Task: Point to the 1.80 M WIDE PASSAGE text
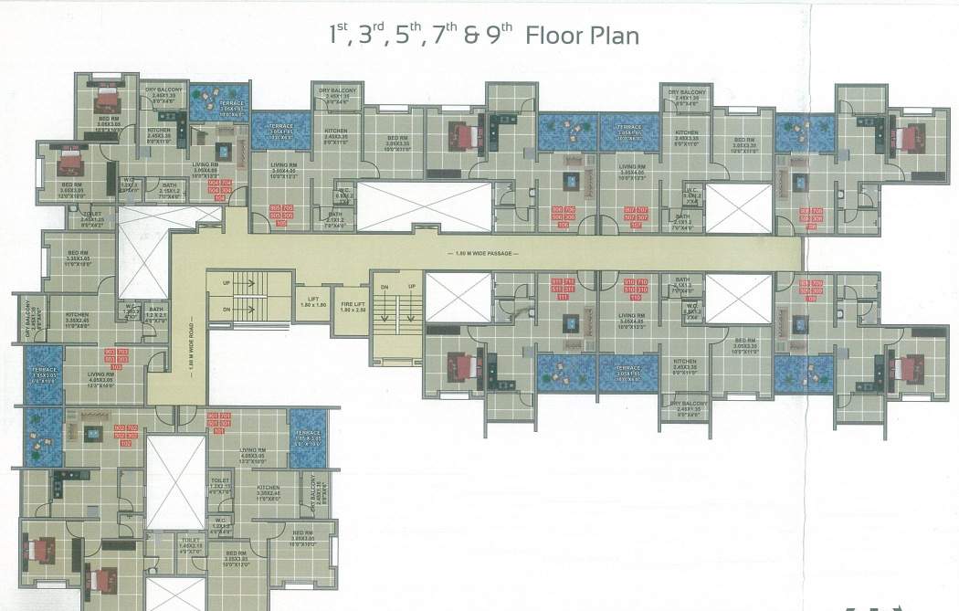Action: click(x=483, y=253)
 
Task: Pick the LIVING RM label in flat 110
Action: click(x=632, y=319)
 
